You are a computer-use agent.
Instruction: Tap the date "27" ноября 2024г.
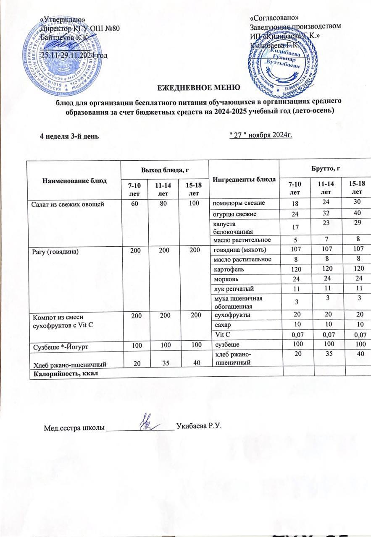click(260, 135)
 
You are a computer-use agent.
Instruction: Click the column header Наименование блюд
click(74, 180)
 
